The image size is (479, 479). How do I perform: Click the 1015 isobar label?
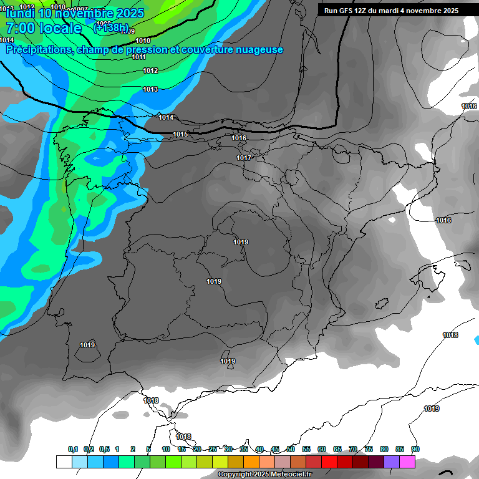180,134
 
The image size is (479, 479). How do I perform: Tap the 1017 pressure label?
244,158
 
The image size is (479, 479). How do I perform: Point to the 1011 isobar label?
139,57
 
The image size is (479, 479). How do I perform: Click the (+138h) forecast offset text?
111,28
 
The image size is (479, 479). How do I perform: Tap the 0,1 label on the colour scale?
73,449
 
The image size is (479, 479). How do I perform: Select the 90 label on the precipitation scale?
415,449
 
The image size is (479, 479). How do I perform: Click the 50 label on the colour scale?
291,449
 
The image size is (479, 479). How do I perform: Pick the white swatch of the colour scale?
64,462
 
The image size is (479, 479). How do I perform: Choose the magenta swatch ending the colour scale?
407,462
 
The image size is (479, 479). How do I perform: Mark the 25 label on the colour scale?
213,449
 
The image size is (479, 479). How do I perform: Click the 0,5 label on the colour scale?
104,449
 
